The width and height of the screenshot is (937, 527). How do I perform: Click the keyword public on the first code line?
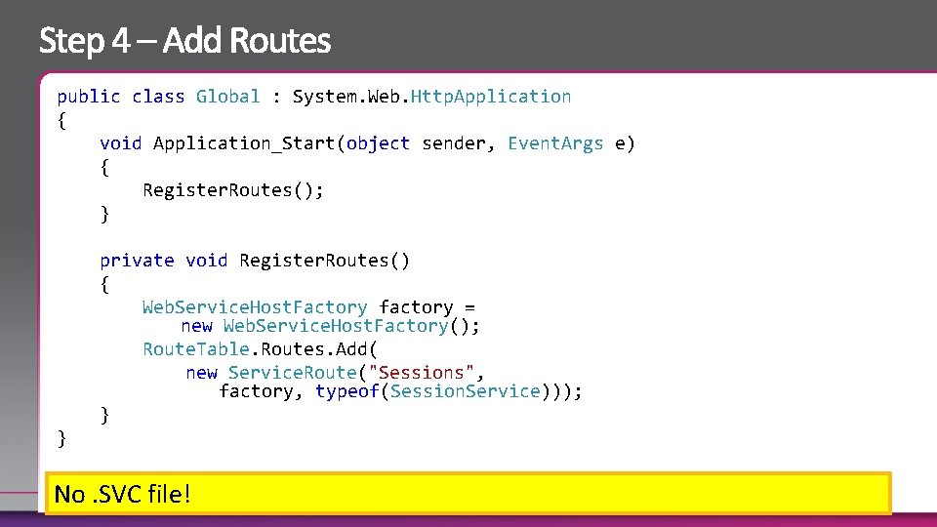pos(89,97)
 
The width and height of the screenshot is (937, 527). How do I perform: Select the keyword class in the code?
pos(158,97)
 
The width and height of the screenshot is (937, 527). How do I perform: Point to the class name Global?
pos(228,97)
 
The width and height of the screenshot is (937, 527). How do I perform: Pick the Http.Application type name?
pos(491,97)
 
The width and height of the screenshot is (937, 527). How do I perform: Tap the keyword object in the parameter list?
pos(378,143)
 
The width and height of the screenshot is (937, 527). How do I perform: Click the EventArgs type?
pos(555,143)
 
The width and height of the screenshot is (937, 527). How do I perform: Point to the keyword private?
pos(137,261)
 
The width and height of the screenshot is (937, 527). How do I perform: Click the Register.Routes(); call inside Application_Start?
pos(233,190)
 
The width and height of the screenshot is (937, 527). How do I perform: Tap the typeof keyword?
pos(347,391)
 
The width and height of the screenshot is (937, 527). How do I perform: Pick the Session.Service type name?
pos(465,391)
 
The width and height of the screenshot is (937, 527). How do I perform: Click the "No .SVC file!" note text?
pos(123,495)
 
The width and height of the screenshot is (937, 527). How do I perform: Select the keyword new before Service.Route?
pos(202,373)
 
